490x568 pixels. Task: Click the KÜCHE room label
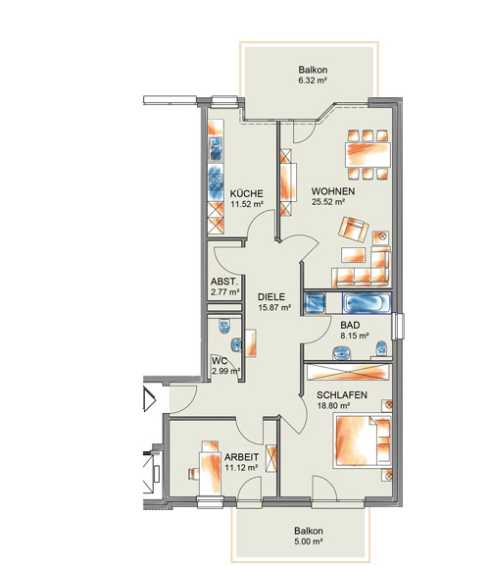pyautogui.click(x=246, y=193)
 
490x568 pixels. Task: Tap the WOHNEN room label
pyautogui.click(x=333, y=191)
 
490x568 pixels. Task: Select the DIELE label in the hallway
pyautogui.click(x=271, y=297)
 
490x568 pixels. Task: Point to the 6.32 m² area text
pyautogui.click(x=313, y=80)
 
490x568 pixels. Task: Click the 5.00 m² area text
pyautogui.click(x=309, y=542)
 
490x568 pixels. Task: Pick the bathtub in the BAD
pyautogui.click(x=367, y=303)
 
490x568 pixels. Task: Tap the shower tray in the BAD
pyautogui.click(x=315, y=303)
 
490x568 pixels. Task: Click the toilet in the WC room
pyautogui.click(x=224, y=326)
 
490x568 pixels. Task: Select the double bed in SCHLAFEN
pyautogui.click(x=363, y=441)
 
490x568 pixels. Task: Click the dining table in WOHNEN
pyautogui.click(x=368, y=154)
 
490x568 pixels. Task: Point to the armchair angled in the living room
pyautogui.click(x=354, y=229)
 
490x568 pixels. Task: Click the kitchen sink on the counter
pyautogui.click(x=216, y=149)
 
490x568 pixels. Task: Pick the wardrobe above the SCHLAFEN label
pyautogui.click(x=349, y=372)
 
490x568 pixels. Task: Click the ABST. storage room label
pyautogui.click(x=224, y=282)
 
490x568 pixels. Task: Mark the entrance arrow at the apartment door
pyautogui.click(x=150, y=399)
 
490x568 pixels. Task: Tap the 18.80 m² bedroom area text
pyautogui.click(x=333, y=406)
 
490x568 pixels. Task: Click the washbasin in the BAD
pyautogui.click(x=341, y=353)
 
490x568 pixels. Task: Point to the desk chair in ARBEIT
pyautogui.click(x=193, y=473)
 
